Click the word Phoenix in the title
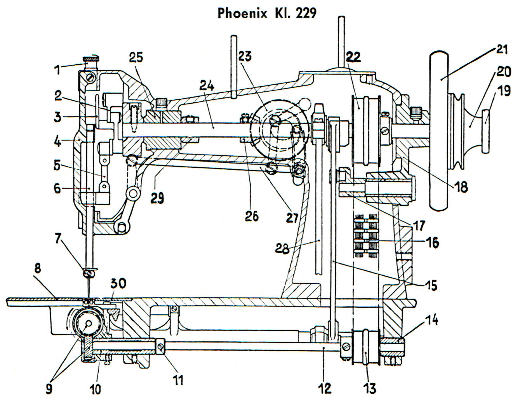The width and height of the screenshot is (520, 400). pos(242,13)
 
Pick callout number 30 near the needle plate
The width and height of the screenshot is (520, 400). pos(118,284)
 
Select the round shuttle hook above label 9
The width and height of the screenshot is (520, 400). pos(89,323)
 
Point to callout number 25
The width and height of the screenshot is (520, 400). pos(136,58)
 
